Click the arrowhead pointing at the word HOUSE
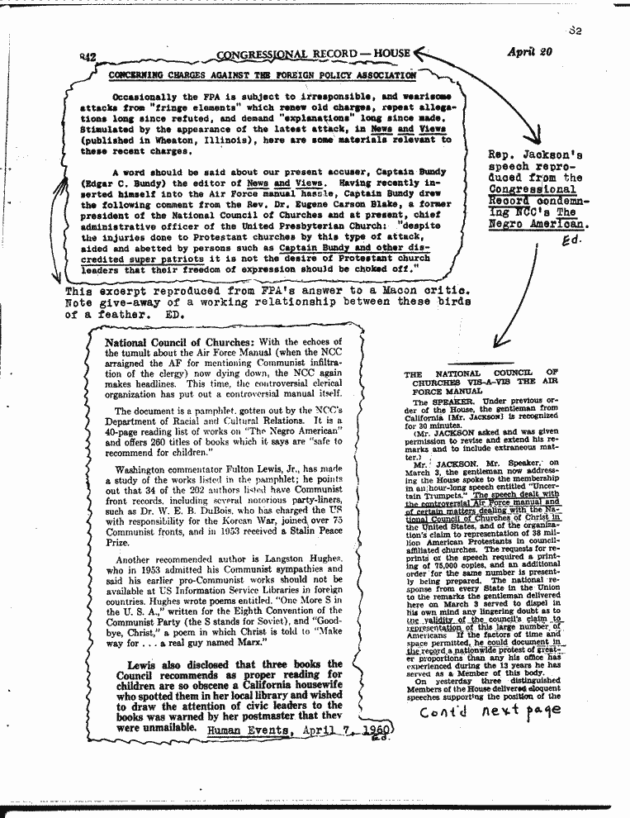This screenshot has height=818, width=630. click(419, 54)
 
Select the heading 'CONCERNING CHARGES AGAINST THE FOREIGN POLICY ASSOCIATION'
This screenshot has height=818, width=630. click(263, 75)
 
